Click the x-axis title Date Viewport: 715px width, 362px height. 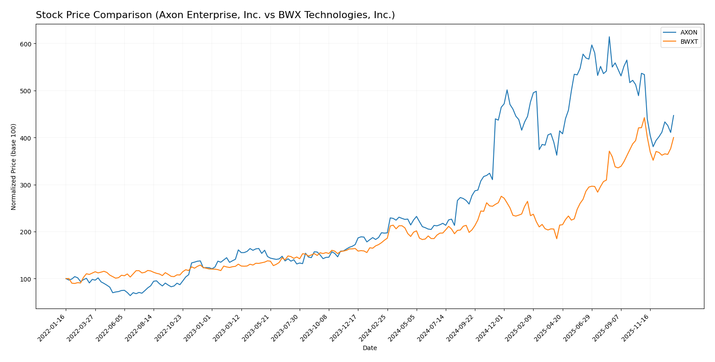point(369,348)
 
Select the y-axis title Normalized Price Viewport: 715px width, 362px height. point(14,167)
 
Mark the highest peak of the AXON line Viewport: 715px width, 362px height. point(609,37)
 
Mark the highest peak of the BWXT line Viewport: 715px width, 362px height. point(644,118)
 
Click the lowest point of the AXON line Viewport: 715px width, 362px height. point(130,295)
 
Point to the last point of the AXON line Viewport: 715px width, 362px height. point(674,115)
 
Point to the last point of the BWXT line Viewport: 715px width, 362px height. point(674,137)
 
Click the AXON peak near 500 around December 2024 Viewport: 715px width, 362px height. point(507,90)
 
